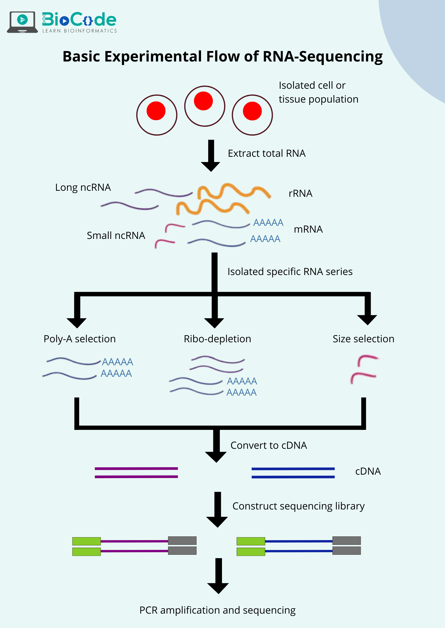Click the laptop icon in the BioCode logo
tap(23, 22)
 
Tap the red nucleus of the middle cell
tap(203, 101)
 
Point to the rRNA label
tap(300, 193)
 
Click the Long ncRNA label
tap(83, 187)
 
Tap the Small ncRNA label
tap(116, 235)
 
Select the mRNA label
tap(308, 229)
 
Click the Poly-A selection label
tap(80, 339)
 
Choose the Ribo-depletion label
tap(217, 339)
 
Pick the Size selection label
tap(363, 339)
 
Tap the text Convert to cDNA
tap(269, 445)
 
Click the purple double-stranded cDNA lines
tap(136, 473)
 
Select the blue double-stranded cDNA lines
tap(293, 473)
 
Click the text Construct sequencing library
tap(298, 506)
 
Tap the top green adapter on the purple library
tap(86, 541)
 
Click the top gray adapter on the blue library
tap(346, 541)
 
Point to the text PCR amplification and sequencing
tap(217, 610)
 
